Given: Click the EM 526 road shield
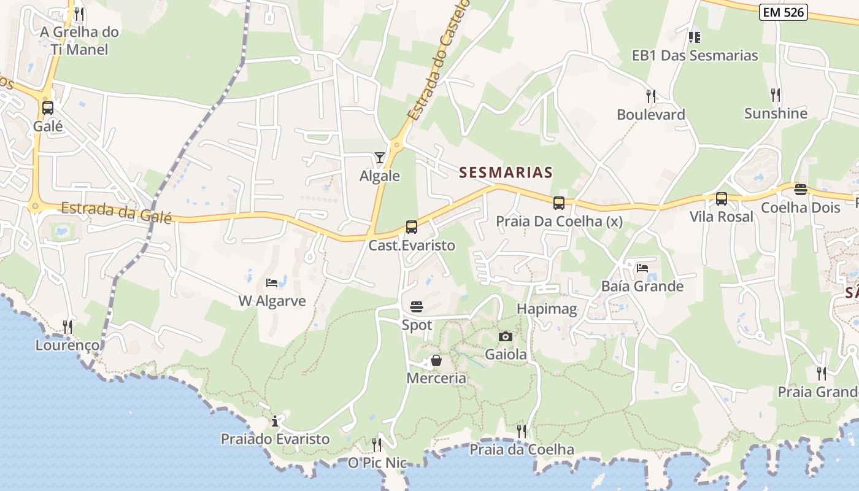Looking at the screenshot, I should click(783, 12).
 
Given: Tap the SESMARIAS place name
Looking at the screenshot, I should click(506, 172).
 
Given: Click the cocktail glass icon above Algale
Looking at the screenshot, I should click(380, 158).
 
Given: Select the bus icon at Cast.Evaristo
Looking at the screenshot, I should click(411, 227).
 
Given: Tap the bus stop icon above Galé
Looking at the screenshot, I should click(48, 108).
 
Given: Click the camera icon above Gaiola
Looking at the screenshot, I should click(506, 336).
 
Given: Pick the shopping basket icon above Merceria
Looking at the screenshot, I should click(436, 360).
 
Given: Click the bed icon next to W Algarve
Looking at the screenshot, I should click(272, 283).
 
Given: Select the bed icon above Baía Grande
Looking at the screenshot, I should click(642, 268).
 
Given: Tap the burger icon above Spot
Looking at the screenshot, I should click(417, 307).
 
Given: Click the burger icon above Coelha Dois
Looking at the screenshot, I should click(800, 189).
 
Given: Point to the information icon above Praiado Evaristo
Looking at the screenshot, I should click(275, 421).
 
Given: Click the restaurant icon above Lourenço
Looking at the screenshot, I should click(67, 327).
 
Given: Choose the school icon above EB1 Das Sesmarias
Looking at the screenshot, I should click(695, 37).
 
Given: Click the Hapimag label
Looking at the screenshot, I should click(547, 309).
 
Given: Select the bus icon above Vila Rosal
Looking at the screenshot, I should click(722, 199).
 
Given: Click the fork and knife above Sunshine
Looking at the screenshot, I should click(776, 95).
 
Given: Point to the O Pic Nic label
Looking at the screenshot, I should click(377, 463).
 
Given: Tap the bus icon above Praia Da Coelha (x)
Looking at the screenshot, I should click(559, 203).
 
